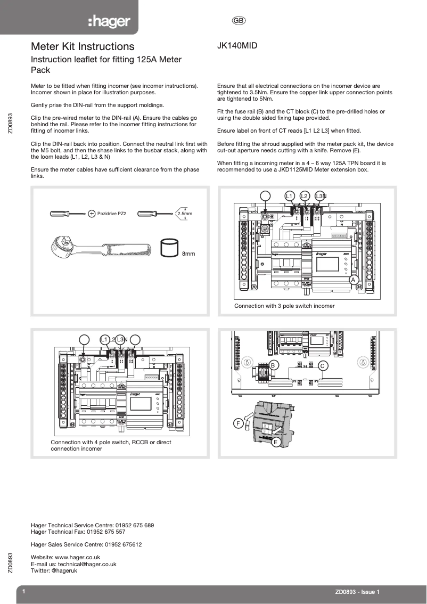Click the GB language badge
[x=238, y=21]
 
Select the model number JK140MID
[x=237, y=46]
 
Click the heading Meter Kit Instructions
[x=83, y=47]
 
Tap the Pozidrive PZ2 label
[x=111, y=214]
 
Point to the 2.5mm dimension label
[x=184, y=214]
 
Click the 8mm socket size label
[x=188, y=254]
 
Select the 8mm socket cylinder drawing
[x=169, y=248]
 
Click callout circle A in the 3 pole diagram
[x=352, y=280]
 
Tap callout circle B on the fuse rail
[x=273, y=365]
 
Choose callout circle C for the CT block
[x=322, y=365]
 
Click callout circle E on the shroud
[x=276, y=442]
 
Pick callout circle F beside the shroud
[x=239, y=423]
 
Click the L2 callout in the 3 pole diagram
[x=305, y=196]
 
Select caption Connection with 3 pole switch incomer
[x=284, y=306]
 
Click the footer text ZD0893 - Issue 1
[x=357, y=592]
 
